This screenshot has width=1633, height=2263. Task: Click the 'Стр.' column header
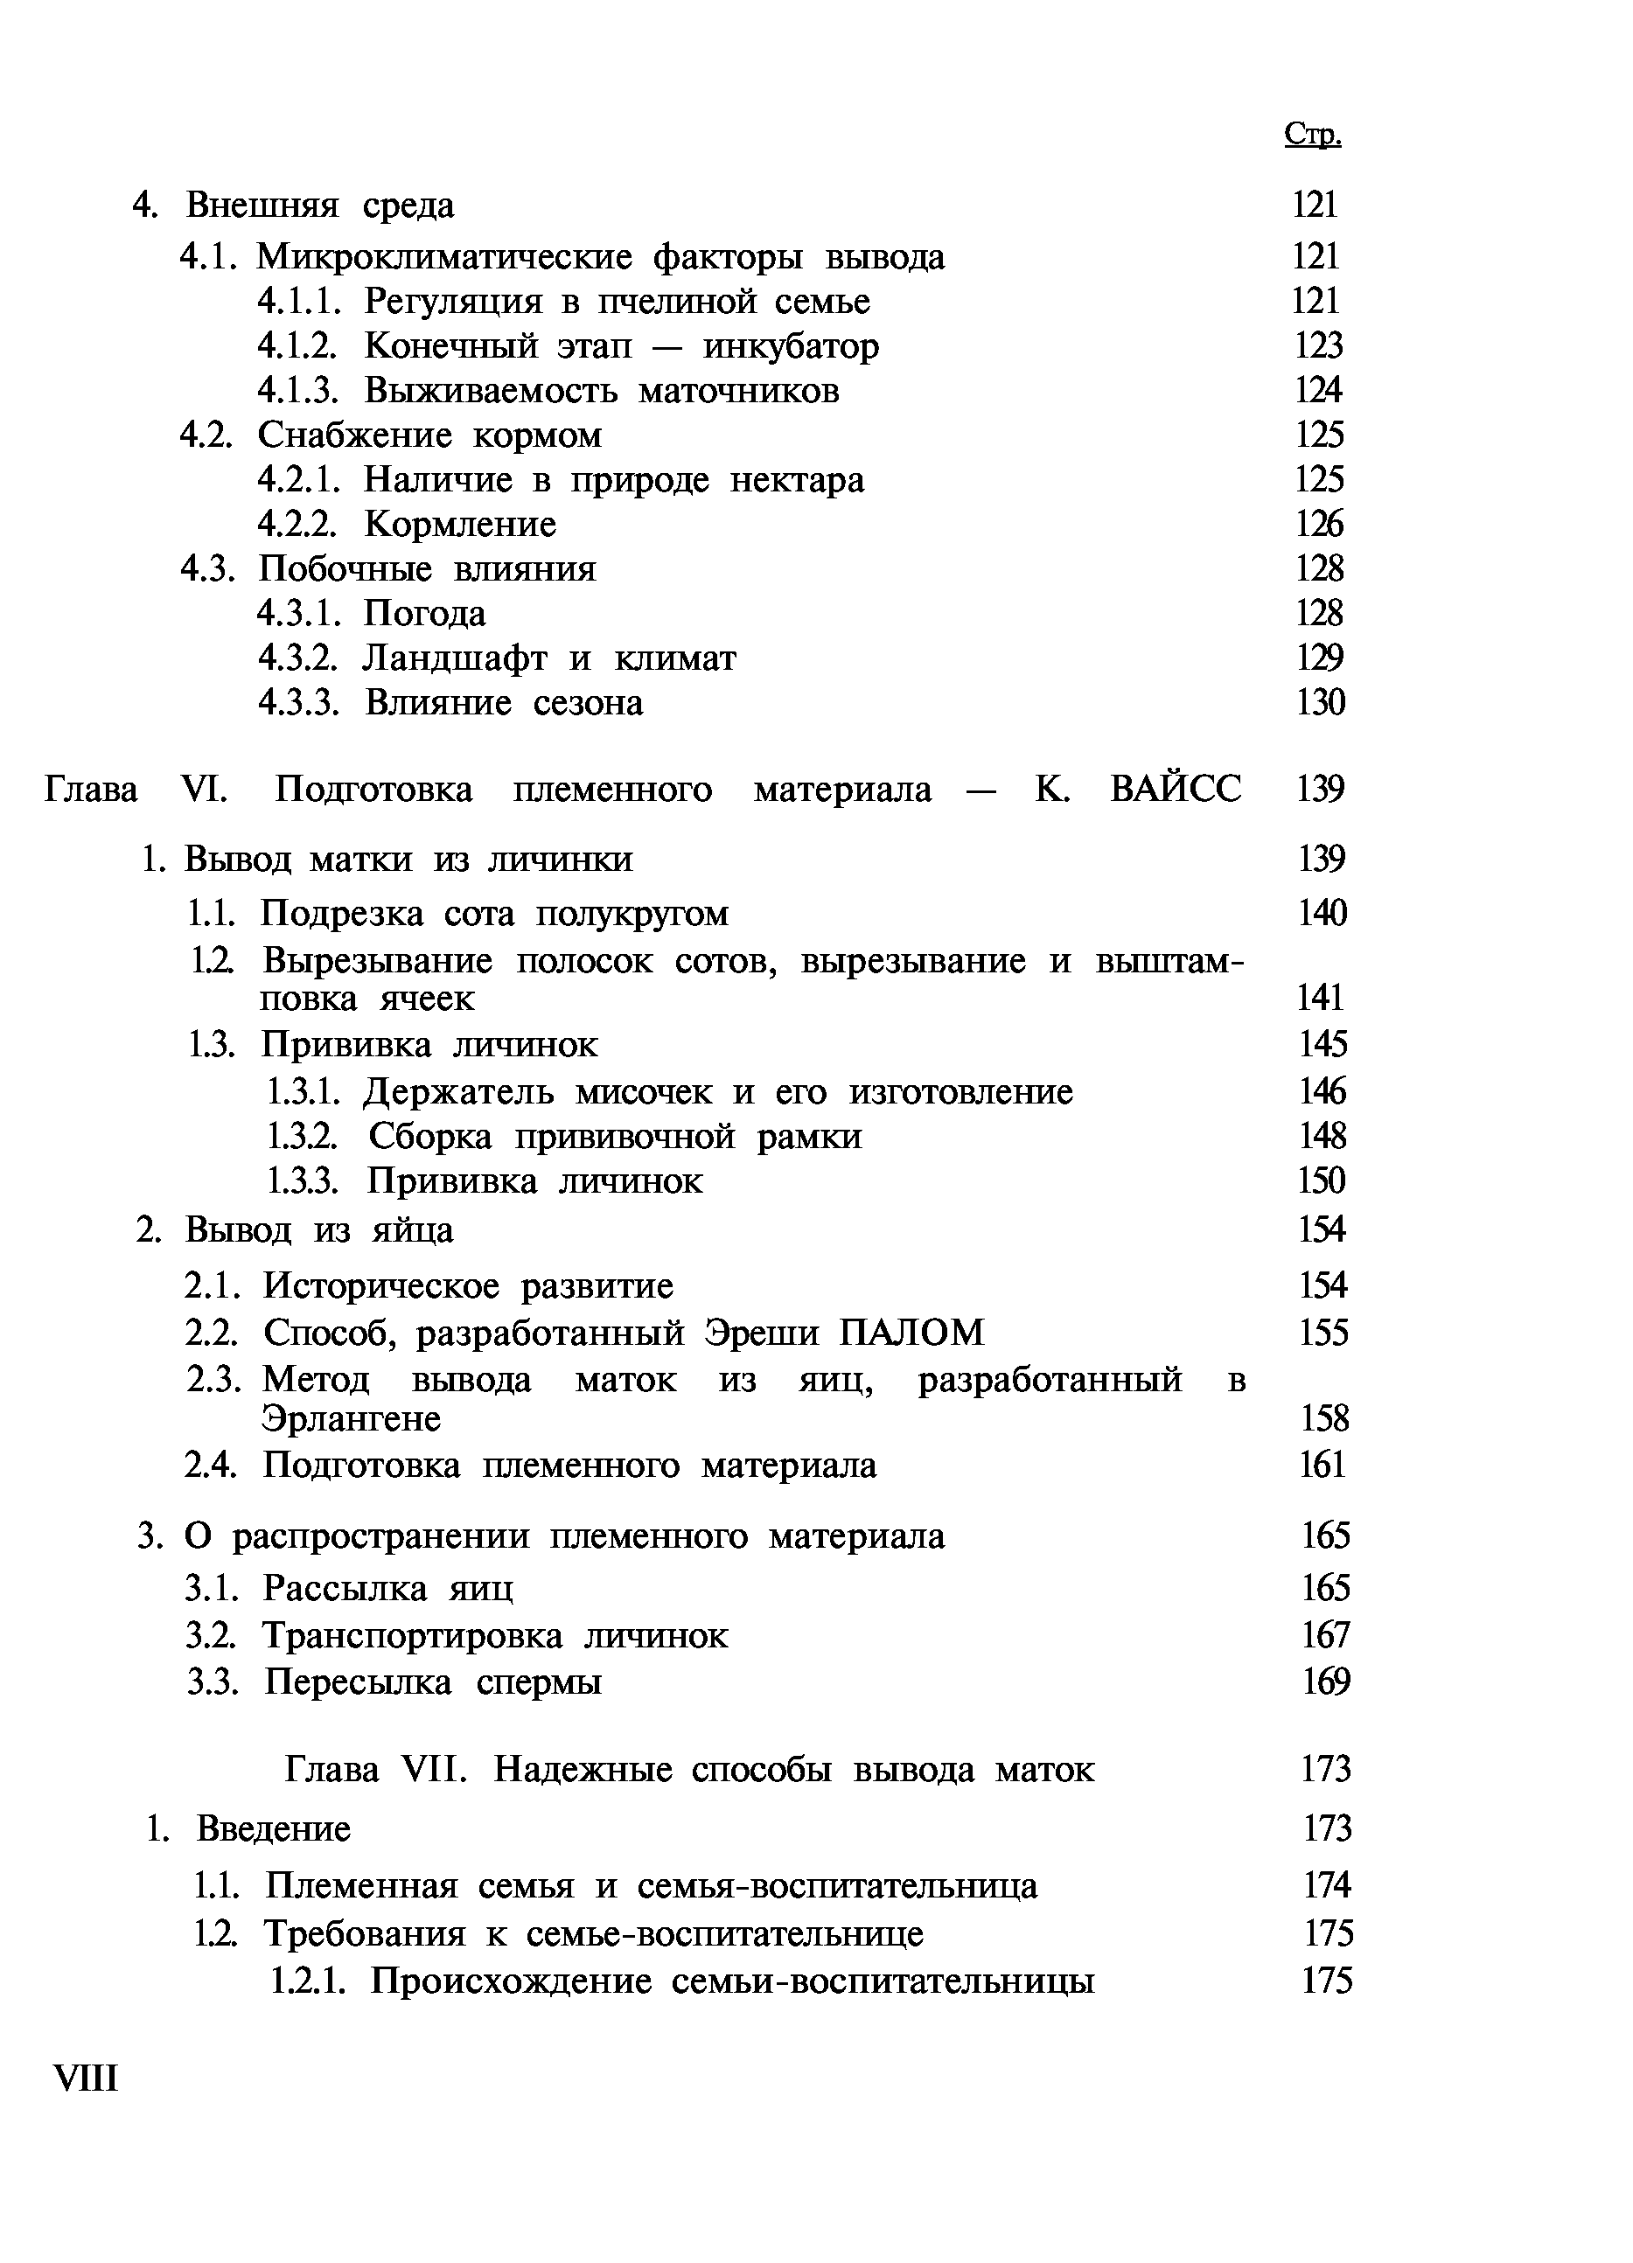(1313, 135)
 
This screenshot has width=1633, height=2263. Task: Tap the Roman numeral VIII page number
(86, 2078)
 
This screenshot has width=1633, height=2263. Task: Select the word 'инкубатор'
(791, 346)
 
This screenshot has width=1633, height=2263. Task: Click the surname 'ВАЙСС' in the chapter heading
(1176, 790)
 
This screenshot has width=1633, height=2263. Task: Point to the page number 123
(1317, 346)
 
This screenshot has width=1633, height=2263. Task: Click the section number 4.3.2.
(298, 658)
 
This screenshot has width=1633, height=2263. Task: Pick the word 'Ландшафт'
(455, 659)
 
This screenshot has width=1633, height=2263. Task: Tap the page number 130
(1320, 703)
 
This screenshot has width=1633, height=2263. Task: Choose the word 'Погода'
(424, 614)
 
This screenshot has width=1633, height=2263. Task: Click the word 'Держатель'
(458, 1092)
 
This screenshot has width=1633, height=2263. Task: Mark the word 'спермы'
(539, 1682)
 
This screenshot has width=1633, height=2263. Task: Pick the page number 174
(1327, 1885)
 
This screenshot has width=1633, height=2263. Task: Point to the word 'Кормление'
(460, 525)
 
